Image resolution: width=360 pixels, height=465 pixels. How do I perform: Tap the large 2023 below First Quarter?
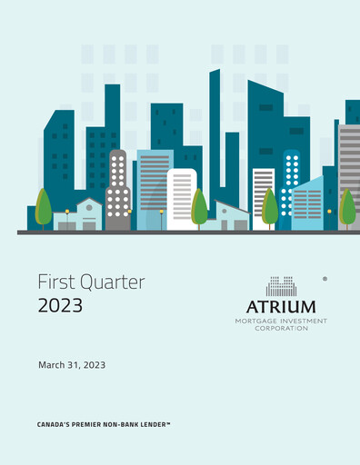point(60,305)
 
